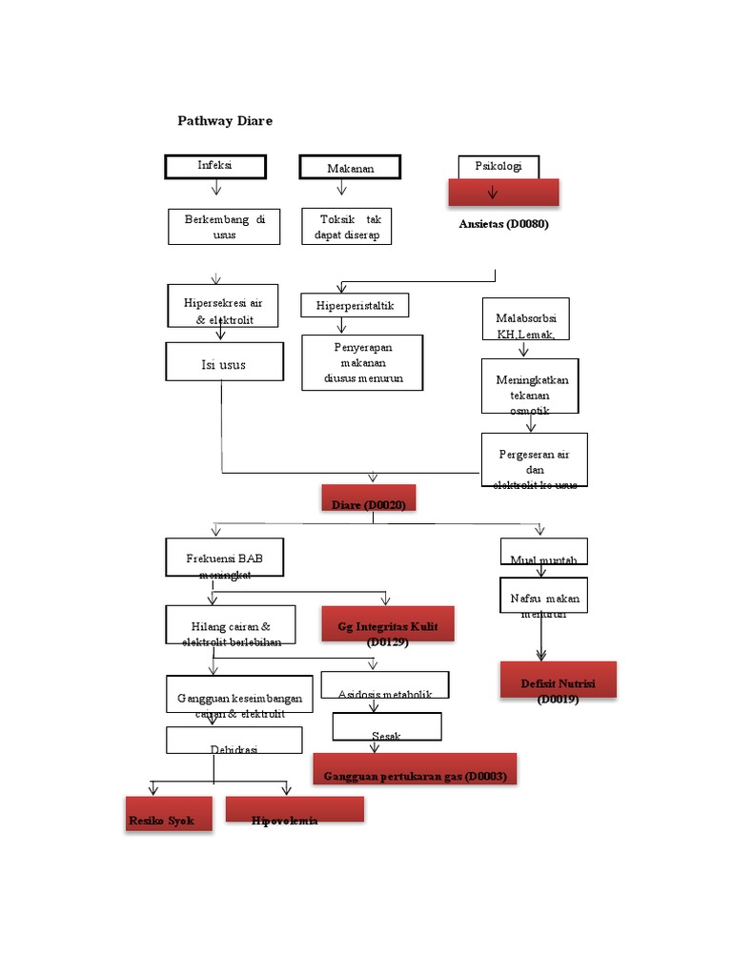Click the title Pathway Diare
225,121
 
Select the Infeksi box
214,166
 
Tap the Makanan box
350,168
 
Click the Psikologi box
498,167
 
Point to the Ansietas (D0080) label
503,225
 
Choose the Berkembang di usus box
225,227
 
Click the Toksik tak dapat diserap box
347,227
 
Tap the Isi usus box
223,362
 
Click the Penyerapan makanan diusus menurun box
361,362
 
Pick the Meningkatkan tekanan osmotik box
530,386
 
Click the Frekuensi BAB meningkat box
225,559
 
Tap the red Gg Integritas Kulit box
387,625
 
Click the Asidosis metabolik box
385,685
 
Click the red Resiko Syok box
169,814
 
